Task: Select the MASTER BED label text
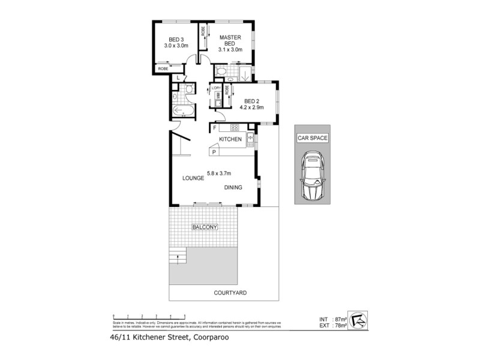point(230,41)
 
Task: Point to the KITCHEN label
point(230,139)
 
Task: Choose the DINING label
point(233,187)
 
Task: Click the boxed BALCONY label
point(205,227)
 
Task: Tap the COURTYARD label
point(230,293)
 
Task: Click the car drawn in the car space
point(313,176)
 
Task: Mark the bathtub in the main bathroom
point(182,112)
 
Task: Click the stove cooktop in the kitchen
point(233,127)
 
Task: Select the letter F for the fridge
point(214,127)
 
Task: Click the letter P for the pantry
point(214,153)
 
